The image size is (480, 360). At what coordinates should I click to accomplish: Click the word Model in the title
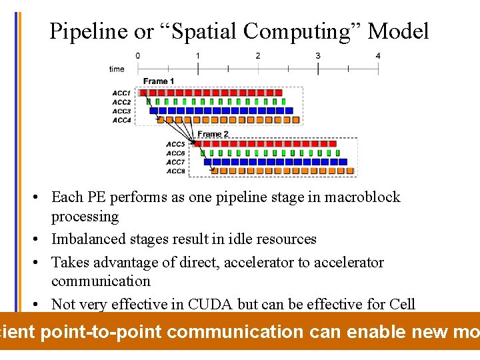[x=398, y=31]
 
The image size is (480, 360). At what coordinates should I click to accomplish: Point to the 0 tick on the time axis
[x=138, y=56]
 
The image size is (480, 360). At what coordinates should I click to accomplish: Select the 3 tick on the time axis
[x=318, y=56]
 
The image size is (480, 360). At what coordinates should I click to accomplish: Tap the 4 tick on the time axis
[x=378, y=56]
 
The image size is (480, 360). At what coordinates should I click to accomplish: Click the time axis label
[x=117, y=69]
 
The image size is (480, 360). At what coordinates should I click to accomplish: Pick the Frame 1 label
[x=159, y=81]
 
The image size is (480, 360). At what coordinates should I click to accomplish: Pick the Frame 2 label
[x=213, y=134]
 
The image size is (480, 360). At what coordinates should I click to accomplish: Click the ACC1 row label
[x=121, y=93]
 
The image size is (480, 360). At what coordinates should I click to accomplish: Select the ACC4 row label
[x=121, y=120]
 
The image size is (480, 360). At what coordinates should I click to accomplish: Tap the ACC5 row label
[x=175, y=144]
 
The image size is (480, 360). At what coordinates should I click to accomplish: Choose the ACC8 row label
[x=175, y=171]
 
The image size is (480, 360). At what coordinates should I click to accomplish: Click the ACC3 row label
[x=121, y=111]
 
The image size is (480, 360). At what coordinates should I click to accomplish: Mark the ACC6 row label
[x=175, y=153]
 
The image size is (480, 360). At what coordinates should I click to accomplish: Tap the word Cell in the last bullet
[x=403, y=304]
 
